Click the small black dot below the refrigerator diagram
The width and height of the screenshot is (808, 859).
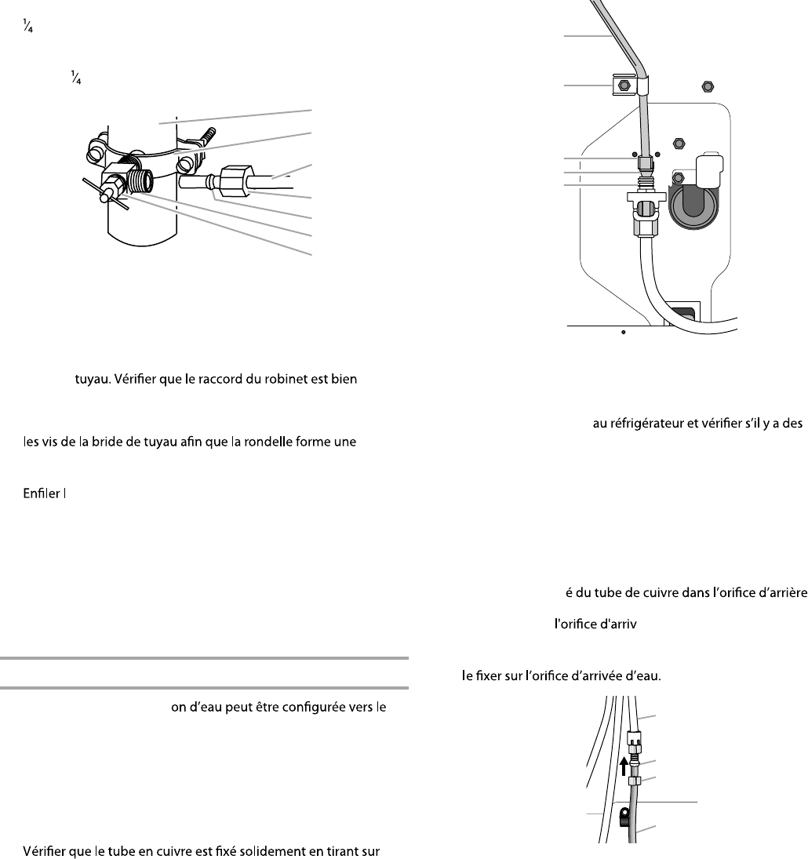point(623,332)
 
